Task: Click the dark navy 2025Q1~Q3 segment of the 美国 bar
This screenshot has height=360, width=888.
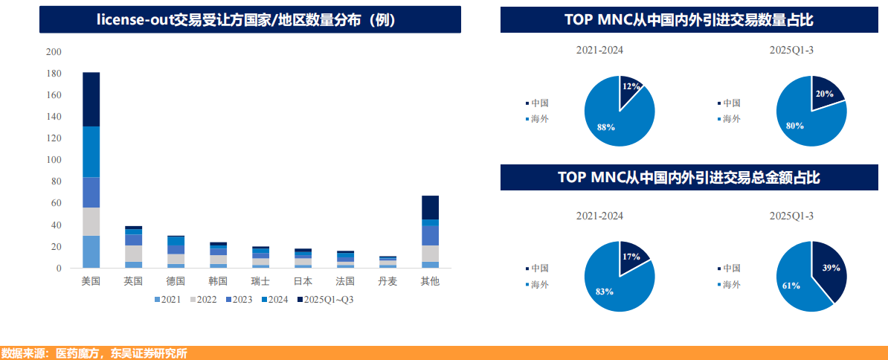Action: (x=91, y=100)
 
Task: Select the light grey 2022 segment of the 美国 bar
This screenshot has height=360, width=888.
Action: (x=91, y=222)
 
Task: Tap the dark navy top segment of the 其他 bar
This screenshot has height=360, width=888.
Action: (x=430, y=208)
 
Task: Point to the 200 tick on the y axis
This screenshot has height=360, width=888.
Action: (x=54, y=52)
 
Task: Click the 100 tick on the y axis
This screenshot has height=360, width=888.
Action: (x=54, y=160)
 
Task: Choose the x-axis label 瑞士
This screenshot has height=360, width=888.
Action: (x=260, y=282)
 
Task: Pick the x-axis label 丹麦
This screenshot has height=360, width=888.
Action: (x=387, y=282)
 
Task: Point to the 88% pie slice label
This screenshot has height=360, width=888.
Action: (x=605, y=127)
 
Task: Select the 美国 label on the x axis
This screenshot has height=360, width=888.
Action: (x=91, y=282)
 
